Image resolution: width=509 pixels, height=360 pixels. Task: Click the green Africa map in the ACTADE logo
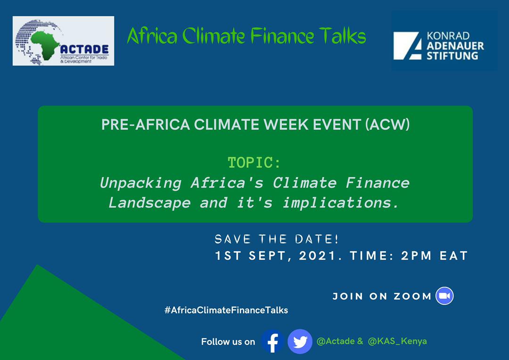45,44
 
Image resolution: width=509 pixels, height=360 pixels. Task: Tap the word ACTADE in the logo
84,49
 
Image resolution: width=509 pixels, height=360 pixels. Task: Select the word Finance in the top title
282,35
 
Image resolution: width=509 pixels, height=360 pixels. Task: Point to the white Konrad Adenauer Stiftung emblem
407,46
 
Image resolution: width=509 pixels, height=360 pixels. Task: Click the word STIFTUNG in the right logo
452,56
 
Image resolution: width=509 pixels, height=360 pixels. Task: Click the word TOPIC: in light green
254,163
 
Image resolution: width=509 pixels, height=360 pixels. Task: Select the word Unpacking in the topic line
140,183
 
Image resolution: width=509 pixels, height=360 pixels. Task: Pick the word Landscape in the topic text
149,203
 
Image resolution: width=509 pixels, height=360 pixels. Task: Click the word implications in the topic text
341,203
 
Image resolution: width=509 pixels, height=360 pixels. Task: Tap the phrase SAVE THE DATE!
277,239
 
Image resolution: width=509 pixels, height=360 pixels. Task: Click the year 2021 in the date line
317,256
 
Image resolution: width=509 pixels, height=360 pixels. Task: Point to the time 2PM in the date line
416,256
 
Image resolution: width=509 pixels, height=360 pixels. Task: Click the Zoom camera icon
444,296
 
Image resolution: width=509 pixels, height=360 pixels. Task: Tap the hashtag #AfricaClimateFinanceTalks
226,310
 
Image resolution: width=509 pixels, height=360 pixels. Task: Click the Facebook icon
273,341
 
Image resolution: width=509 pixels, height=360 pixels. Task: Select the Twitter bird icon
300,341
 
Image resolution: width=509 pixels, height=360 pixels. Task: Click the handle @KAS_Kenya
397,341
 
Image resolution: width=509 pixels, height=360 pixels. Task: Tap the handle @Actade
336,341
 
